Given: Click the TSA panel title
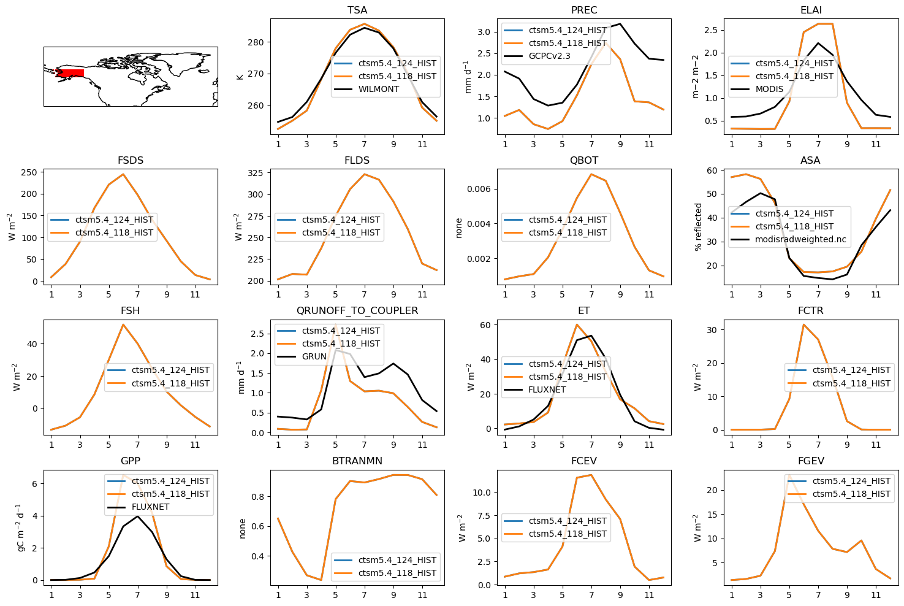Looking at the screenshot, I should [357, 10].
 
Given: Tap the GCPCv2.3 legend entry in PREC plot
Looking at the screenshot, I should [549, 56].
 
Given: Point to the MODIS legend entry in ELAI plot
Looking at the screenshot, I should [769, 90].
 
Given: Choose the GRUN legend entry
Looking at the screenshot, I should [314, 357].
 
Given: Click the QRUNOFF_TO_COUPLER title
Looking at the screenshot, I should [357, 311].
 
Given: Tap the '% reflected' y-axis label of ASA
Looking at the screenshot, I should [698, 227].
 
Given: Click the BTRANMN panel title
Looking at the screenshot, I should [357, 461].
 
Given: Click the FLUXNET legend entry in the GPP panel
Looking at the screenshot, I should [150, 507].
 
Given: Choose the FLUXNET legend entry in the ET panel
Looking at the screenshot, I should [547, 390].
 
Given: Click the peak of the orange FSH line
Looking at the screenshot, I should [123, 324].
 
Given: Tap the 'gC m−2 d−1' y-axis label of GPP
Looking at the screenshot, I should [20, 527].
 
